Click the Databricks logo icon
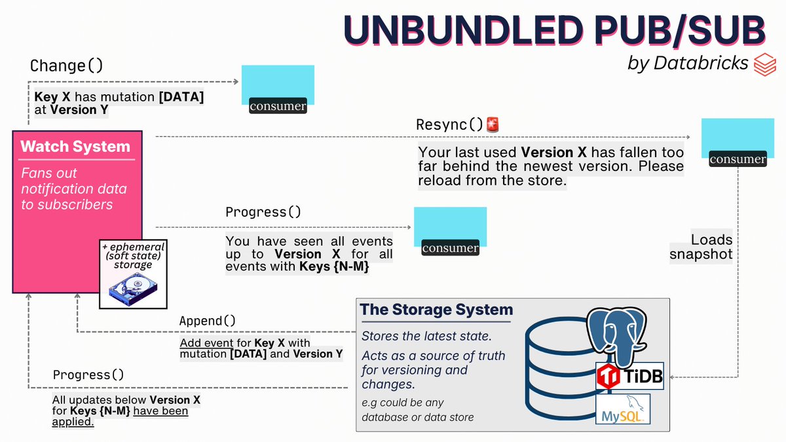pos(764,64)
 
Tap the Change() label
pos(67,66)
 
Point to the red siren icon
pos(492,124)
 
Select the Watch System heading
pos(75,147)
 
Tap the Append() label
pos(207,322)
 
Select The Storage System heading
pos(437,310)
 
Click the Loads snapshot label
pos(702,247)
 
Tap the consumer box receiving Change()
pos(278,89)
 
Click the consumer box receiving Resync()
pos(737,142)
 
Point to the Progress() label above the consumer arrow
pos(263,212)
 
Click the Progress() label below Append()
pos(88,375)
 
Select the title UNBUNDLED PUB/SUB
pos(555,31)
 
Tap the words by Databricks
pos(688,64)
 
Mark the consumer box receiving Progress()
pos(450,230)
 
